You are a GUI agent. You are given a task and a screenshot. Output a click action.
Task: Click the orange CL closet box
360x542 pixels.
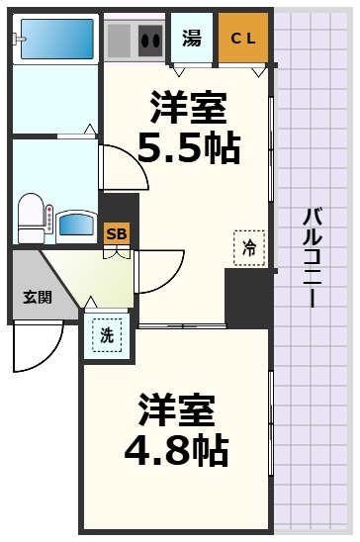click(x=242, y=39)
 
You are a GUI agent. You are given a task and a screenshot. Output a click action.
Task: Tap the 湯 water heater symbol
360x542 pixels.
click(x=191, y=39)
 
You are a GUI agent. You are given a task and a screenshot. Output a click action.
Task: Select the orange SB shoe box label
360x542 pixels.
click(x=117, y=233)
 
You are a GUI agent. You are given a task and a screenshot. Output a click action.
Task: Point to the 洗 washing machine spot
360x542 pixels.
click(x=106, y=334)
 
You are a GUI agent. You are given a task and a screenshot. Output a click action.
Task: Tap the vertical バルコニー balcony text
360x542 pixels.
click(x=314, y=257)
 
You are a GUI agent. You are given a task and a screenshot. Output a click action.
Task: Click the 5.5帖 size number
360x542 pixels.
click(x=188, y=146)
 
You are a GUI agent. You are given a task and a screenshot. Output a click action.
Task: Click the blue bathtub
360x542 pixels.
click(x=55, y=39)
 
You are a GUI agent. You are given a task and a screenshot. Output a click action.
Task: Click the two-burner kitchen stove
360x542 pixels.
click(x=151, y=41)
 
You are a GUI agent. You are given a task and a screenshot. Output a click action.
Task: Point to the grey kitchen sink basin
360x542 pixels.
click(x=120, y=41)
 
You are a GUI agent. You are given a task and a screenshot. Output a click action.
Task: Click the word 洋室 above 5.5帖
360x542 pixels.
click(x=188, y=105)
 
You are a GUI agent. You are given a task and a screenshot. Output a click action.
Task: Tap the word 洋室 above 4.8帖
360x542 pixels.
click(x=176, y=407)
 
